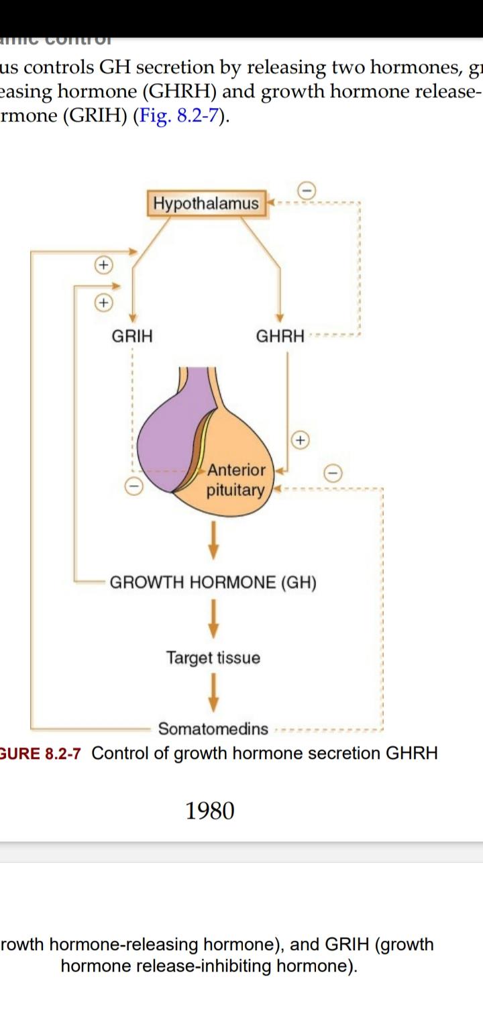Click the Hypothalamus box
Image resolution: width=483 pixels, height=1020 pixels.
[x=206, y=203]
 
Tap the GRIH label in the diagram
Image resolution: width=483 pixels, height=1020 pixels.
[x=131, y=336]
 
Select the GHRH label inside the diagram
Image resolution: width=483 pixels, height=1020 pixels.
[x=280, y=336]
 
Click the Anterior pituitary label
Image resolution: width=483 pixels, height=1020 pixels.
[x=236, y=480]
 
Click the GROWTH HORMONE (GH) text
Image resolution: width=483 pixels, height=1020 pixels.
[x=213, y=582]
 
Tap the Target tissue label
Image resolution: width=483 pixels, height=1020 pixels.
[x=213, y=658]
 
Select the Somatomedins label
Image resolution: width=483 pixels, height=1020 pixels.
[x=213, y=729]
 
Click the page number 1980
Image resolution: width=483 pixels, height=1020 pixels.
[x=210, y=811]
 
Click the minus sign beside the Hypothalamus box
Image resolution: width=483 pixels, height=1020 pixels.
[x=307, y=191]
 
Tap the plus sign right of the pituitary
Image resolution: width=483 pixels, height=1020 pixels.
[x=300, y=440]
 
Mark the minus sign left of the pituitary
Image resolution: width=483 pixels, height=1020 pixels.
[x=134, y=486]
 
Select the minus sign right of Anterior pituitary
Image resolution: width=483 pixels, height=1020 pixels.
[x=333, y=473]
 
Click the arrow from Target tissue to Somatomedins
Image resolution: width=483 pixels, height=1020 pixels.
[x=213, y=693]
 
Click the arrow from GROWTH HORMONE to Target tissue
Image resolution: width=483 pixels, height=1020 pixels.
[x=213, y=619]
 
